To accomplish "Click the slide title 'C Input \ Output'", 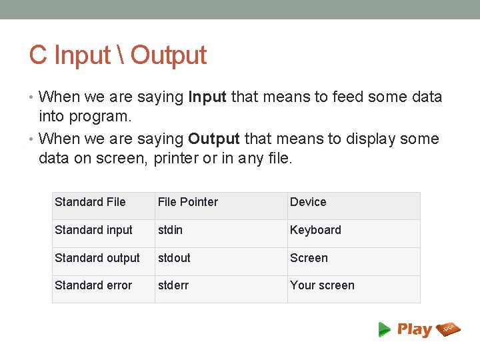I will (117, 55).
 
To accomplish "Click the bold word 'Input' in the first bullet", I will (207, 97).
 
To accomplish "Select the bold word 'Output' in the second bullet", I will (213, 139).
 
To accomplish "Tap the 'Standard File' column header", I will (90, 202).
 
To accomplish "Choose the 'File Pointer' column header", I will (187, 202).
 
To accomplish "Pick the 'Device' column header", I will (308, 202).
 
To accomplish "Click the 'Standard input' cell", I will (93, 230).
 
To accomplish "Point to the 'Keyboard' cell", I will (315, 230).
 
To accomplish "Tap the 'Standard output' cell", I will (97, 258).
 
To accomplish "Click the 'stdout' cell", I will (174, 258).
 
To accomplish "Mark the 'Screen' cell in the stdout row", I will (309, 258).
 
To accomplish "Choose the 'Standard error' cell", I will (93, 285).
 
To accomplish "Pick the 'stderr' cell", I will (173, 285).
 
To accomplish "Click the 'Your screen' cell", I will (322, 285).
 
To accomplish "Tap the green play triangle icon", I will (384, 329).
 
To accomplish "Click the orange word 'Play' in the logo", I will (414, 329).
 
